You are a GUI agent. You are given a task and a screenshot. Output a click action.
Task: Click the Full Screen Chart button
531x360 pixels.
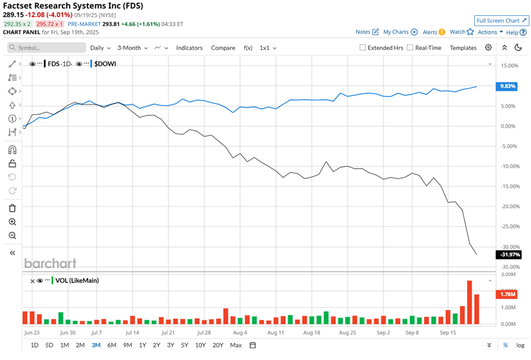pos(502,20)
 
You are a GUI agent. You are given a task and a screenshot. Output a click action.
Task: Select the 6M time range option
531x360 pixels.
pos(112,345)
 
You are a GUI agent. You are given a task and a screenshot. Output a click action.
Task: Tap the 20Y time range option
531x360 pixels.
pos(217,345)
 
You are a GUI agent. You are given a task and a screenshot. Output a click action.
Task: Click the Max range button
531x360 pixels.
pos(236,345)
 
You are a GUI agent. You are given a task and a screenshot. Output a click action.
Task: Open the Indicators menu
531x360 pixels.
pos(189,48)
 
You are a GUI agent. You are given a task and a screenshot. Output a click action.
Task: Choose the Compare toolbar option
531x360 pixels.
pos(223,48)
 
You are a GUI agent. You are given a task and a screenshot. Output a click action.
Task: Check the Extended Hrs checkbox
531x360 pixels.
pos(363,48)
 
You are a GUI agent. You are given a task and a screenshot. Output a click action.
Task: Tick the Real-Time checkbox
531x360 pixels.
pos(411,48)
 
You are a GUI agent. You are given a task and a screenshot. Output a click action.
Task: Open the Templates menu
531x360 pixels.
pos(463,48)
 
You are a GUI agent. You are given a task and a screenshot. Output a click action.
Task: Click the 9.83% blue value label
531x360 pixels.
pos(507,86)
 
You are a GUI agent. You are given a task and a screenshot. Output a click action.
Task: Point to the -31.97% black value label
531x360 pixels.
pos(509,254)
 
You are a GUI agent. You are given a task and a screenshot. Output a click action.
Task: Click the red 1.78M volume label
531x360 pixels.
pos(507,294)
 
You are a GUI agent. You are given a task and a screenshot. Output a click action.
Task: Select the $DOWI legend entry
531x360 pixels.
pos(103,64)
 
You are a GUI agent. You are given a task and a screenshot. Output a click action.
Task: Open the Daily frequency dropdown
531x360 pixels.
pos(100,48)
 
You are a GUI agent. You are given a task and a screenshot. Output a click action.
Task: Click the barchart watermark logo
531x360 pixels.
pos(50,263)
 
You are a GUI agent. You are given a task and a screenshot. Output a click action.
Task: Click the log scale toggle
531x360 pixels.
pos(520,345)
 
